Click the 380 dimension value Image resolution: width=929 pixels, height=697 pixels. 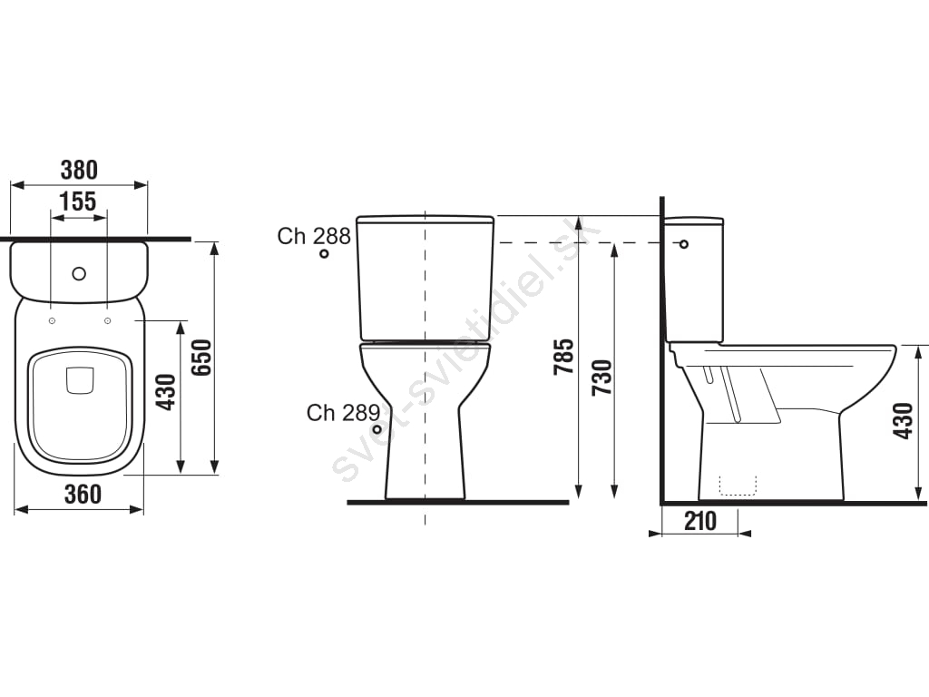coord(79,170)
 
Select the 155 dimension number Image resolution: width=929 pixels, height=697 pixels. coord(78,201)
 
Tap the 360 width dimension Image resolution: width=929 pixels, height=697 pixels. coord(83,495)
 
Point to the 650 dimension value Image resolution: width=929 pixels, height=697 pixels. coord(202,358)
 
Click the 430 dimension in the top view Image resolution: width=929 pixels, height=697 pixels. coord(166,392)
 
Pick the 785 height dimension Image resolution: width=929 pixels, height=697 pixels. coord(563,356)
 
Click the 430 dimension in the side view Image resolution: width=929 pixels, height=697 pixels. coord(904,421)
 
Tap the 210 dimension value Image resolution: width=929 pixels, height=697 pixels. coord(700,521)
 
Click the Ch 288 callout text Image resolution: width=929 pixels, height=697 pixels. coord(314,236)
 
